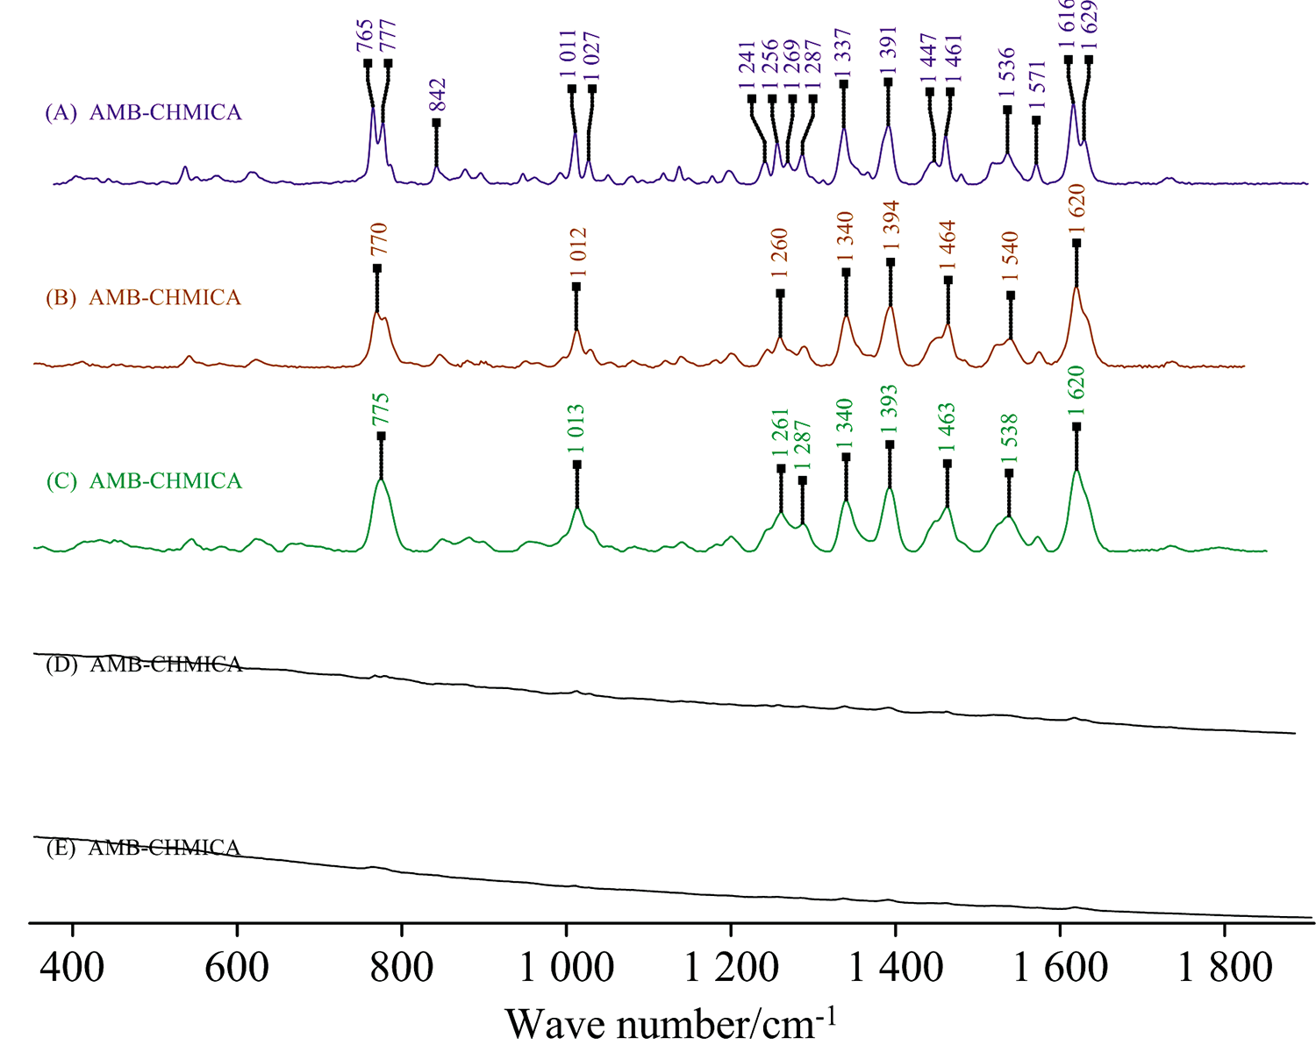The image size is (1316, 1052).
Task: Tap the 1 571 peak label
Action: [1037, 87]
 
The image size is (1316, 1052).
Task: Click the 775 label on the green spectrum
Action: [381, 409]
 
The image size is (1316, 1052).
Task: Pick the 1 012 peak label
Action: [577, 252]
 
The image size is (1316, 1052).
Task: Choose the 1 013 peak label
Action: [576, 430]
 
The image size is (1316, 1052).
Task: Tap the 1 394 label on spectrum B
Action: [891, 227]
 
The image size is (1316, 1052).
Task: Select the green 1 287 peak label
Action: [803, 446]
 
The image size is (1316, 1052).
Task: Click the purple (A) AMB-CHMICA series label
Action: [144, 113]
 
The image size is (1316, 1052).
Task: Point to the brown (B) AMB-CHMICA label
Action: [144, 298]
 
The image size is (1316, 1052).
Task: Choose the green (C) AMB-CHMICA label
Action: [144, 481]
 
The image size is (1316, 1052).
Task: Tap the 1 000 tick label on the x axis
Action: [566, 968]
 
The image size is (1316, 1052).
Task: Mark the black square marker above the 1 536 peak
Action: [1007, 110]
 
